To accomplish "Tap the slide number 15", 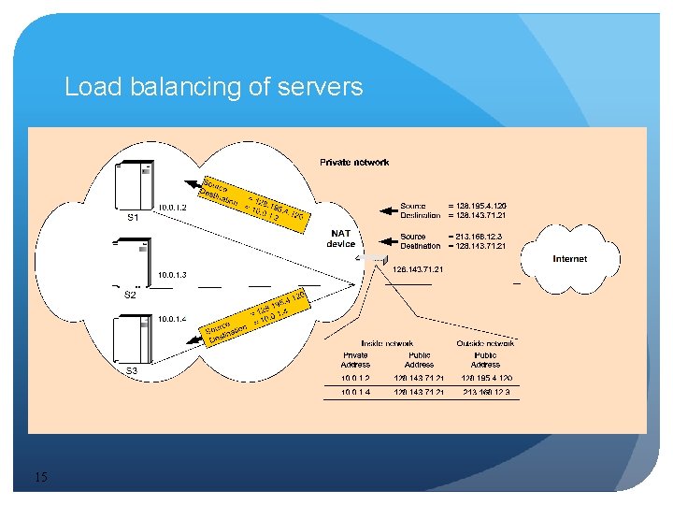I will point(41,478).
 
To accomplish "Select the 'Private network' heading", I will point(354,162).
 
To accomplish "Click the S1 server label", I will point(133,217).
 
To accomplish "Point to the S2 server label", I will point(131,295).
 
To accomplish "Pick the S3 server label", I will point(132,371).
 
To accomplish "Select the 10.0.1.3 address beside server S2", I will point(173,275).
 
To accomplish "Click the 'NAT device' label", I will point(340,238).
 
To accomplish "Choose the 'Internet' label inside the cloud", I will point(570,259).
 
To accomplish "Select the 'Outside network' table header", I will point(485,343).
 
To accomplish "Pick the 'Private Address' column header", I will point(355,359).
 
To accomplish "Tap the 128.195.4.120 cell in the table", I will point(485,378).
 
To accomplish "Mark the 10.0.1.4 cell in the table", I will point(355,393).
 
